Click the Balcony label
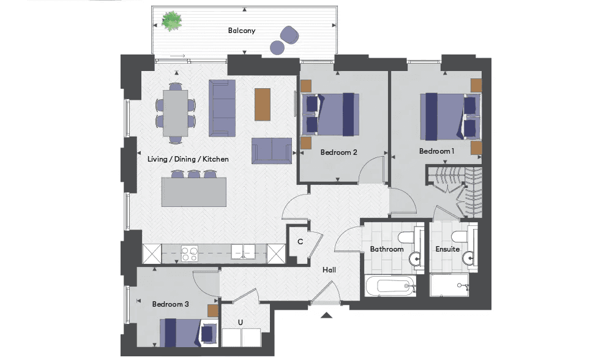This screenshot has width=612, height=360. coord(242,31)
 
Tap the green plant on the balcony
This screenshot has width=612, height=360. coord(172,21)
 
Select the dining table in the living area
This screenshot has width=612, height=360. coord(175,113)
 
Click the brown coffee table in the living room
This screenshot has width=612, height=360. coord(263,104)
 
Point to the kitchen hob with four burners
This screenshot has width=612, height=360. coord(189,253)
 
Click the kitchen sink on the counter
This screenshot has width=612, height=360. coord(243,252)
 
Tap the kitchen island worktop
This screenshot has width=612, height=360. coord(194,192)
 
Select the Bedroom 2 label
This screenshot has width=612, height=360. coord(338,152)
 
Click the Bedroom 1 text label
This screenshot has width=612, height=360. coord(436,151)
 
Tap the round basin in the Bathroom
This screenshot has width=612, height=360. coord(415,258)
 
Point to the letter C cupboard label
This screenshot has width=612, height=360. coord(300,242)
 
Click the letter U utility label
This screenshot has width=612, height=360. coord(241,322)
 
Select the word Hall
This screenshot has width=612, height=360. coord(329,270)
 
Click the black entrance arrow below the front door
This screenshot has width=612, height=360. coord(327,315)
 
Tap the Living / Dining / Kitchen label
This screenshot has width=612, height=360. coord(188,159)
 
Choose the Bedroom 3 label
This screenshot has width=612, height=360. coord(171,304)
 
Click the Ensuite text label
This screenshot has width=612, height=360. coord(448,249)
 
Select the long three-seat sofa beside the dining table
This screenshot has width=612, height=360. coord(222,108)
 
